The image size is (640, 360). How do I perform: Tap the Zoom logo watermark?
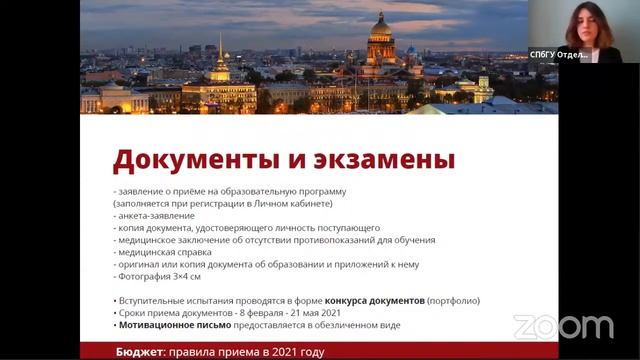[563, 326]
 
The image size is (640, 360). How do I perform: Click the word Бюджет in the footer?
[138, 352]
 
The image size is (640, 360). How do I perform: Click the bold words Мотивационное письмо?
[176, 325]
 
